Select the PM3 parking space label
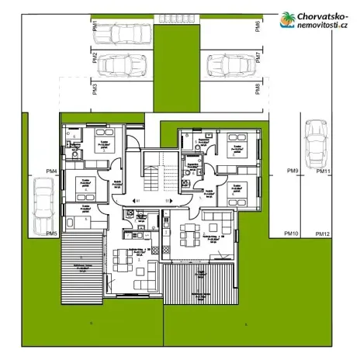95,88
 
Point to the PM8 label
257,88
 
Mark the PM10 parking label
292,233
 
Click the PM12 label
323,233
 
